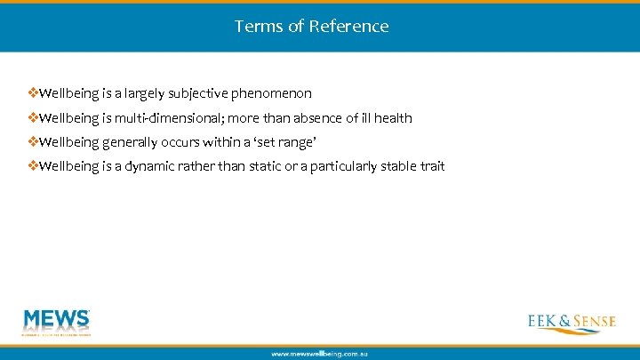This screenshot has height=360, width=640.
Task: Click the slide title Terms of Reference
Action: (x=311, y=26)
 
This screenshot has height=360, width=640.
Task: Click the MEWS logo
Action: (x=57, y=323)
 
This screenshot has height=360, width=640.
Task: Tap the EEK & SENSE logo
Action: (x=570, y=322)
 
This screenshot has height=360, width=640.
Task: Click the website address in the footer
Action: (x=319, y=353)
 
